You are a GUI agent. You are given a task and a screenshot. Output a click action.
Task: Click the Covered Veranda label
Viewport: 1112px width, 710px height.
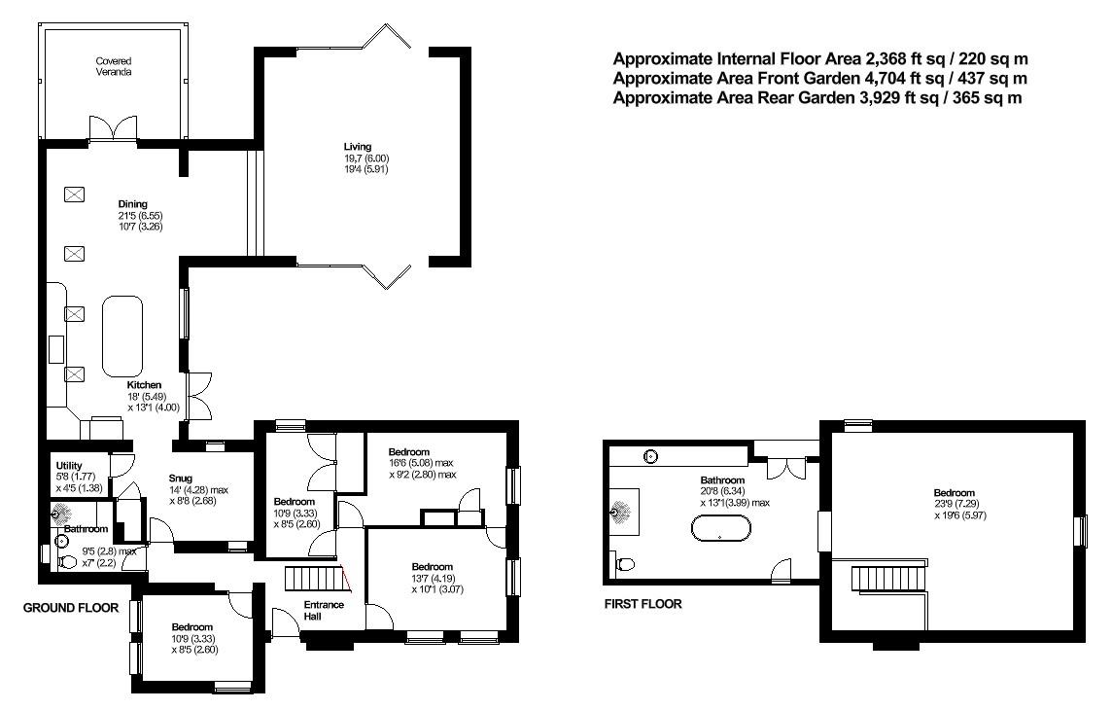point(114,66)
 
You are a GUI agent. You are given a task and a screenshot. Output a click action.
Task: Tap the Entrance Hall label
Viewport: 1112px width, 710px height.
point(326,610)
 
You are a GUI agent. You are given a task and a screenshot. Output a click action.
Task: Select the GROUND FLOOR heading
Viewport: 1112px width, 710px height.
point(72,608)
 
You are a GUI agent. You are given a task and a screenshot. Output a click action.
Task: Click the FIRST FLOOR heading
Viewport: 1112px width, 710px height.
point(643,604)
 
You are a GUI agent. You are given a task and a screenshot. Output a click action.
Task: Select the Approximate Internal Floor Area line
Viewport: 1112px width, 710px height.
point(819,59)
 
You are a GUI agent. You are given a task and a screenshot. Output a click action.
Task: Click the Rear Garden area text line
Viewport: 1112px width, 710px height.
point(817,98)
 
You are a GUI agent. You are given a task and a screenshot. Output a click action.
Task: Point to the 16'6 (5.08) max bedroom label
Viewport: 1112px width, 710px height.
point(422,463)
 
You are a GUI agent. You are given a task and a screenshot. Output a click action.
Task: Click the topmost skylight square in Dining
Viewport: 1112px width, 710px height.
point(74,194)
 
